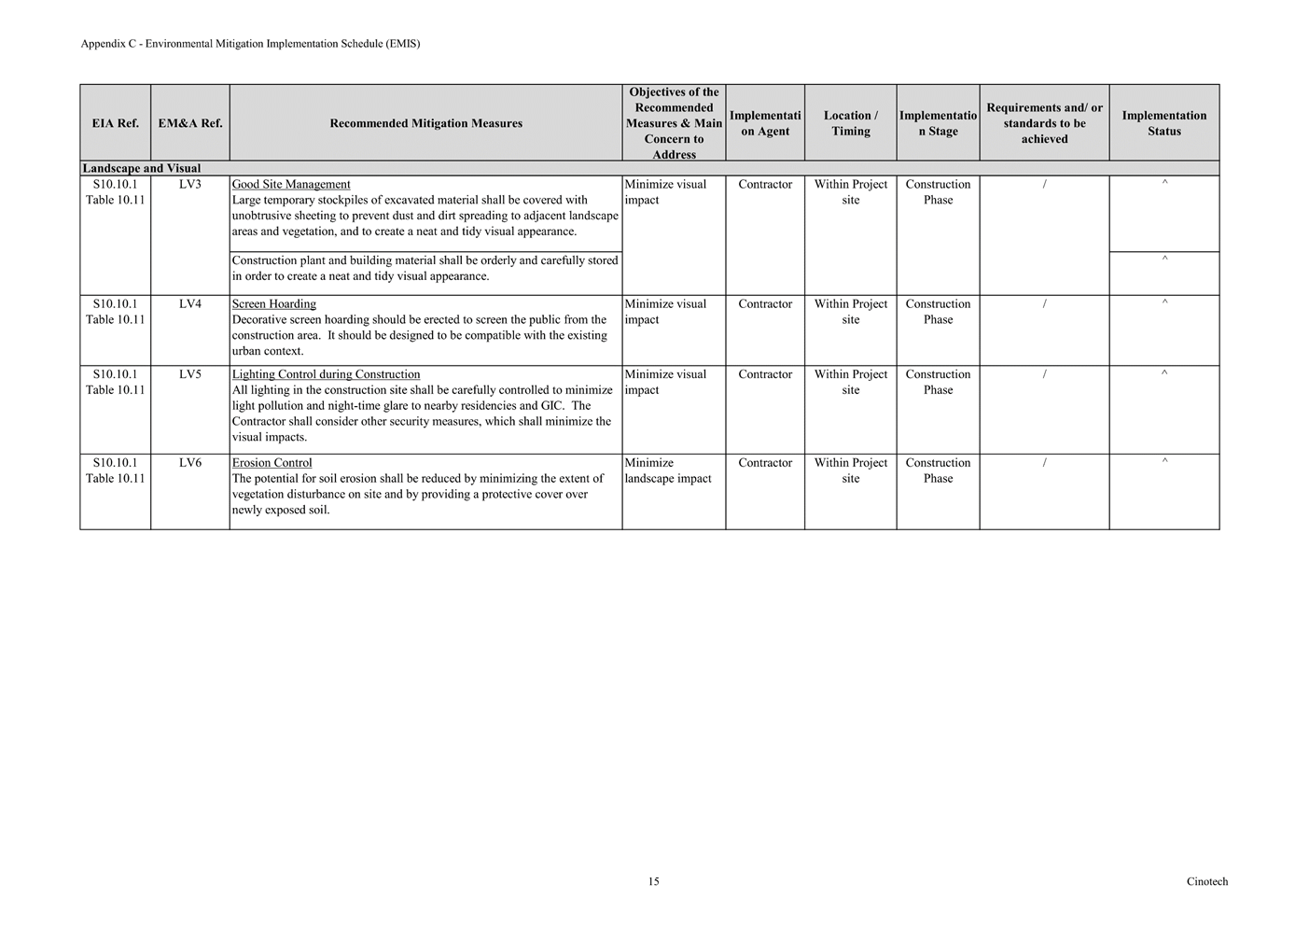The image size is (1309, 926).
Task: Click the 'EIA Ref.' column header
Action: pos(115,123)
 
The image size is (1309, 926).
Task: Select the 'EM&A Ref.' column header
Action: pos(190,123)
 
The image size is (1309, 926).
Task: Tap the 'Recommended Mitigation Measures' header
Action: pos(425,123)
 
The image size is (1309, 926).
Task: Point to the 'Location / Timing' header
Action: pos(850,123)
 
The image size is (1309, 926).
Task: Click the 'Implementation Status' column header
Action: pos(1163,123)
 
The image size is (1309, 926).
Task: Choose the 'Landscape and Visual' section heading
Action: pos(142,169)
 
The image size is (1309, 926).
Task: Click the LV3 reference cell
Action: pos(190,185)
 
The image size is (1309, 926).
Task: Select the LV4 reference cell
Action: pos(190,304)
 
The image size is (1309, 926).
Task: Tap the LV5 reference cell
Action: pos(190,375)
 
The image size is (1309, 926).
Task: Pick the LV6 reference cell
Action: pos(190,463)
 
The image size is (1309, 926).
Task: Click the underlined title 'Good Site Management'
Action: pos(291,185)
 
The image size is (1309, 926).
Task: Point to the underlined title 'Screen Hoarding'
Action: pos(273,304)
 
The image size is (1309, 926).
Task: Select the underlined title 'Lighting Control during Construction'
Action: pos(326,375)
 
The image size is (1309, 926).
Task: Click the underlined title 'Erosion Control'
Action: pos(272,463)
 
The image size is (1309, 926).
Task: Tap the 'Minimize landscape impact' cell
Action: pos(668,470)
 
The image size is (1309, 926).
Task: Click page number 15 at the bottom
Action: pos(653,882)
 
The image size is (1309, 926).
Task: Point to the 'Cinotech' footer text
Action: pos(1207,882)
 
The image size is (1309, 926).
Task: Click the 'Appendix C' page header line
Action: pos(250,44)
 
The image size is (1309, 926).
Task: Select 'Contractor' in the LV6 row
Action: pos(765,463)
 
